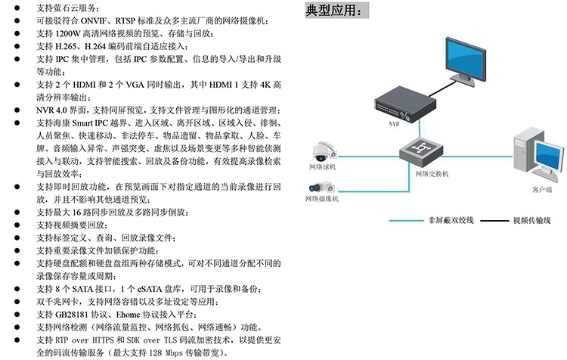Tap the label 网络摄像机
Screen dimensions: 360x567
pyautogui.click(x=322, y=199)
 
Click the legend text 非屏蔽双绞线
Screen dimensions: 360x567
pyautogui.click(x=451, y=221)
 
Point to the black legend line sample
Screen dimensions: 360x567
pyautogui.click(x=492, y=221)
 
